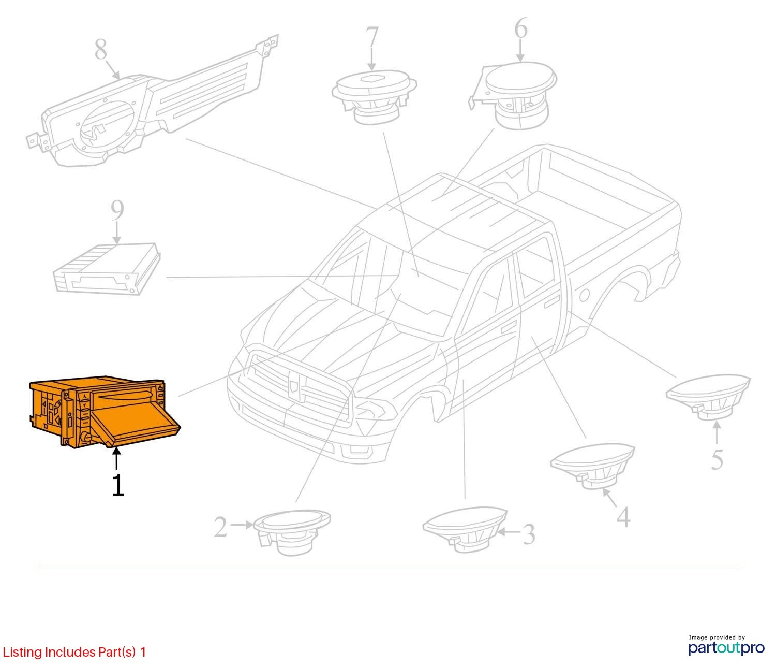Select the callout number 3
529,534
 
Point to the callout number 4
623,517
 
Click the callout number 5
717,459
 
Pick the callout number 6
520,28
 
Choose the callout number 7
371,37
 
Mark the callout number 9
117,210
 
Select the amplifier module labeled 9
107,269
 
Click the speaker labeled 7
374,96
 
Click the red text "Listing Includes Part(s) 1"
74,652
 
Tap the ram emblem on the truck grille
294,384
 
